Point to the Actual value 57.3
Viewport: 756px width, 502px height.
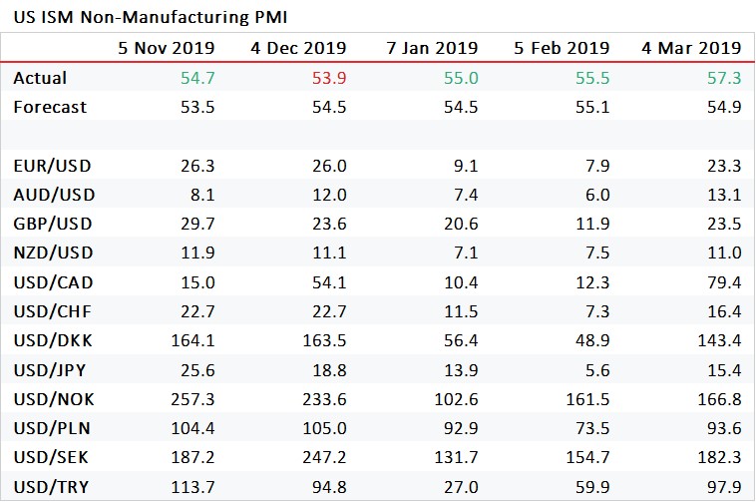pyautogui.click(x=723, y=77)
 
